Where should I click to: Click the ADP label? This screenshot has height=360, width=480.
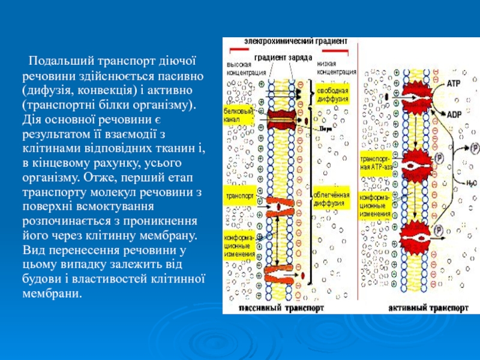tap(454, 113)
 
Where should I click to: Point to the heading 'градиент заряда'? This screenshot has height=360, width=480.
tap(282, 58)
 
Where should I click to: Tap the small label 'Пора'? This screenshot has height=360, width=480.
tap(325, 128)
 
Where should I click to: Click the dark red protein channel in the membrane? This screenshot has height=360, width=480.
tap(281, 117)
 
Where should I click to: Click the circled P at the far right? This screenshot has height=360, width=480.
tap(475, 147)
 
